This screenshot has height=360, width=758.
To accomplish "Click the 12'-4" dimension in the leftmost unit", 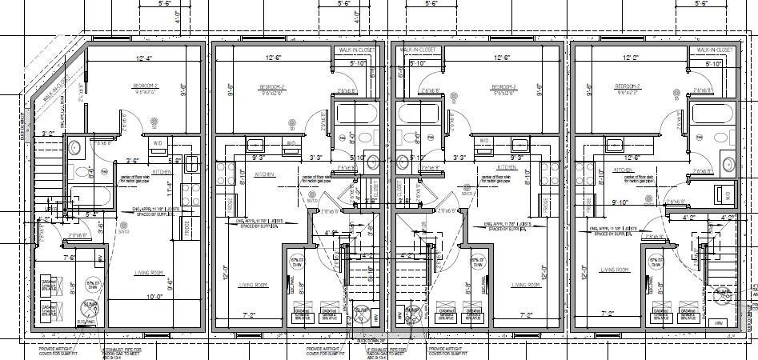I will (143, 58).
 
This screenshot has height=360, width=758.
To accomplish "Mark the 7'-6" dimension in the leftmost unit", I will (70, 258).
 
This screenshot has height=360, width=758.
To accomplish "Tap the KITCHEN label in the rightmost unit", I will (624, 170).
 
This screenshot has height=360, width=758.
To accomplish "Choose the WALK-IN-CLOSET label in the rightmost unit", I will (714, 50).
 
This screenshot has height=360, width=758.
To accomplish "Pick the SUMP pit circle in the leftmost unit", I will (90, 305).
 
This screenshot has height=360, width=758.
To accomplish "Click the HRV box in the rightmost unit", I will (718, 322).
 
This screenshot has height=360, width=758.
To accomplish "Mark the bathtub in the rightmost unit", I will (711, 120).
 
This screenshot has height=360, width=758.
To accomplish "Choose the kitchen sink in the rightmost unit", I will (616, 145).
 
